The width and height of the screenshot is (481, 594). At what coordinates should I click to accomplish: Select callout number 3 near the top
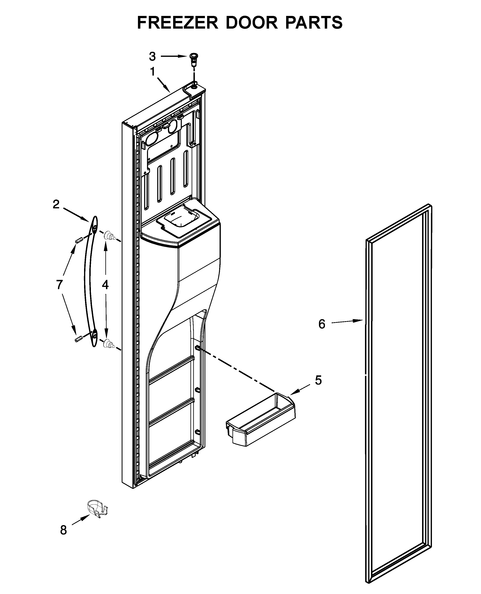pyautogui.click(x=152, y=56)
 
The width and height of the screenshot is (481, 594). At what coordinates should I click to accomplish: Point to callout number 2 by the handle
pyautogui.click(x=56, y=205)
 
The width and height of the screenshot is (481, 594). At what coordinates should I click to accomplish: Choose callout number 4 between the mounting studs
pyautogui.click(x=105, y=285)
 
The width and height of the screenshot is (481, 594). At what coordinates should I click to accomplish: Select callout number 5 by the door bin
pyautogui.click(x=318, y=380)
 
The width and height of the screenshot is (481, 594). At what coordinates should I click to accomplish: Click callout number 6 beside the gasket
pyautogui.click(x=322, y=324)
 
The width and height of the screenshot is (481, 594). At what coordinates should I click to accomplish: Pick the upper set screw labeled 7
pyautogui.click(x=79, y=240)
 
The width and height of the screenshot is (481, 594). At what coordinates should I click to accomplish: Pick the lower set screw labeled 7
pyautogui.click(x=79, y=339)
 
